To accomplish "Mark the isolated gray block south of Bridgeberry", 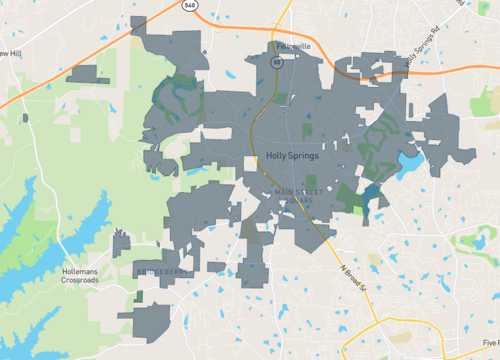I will pyautogui.click(x=151, y=320).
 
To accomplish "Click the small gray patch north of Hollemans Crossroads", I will pyautogui.click(x=121, y=243).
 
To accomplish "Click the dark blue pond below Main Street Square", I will pyautogui.click(x=373, y=194).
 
